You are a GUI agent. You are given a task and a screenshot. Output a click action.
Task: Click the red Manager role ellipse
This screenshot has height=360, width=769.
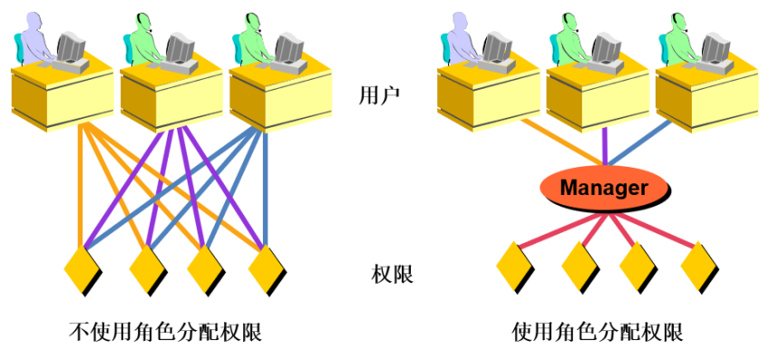click(x=604, y=188)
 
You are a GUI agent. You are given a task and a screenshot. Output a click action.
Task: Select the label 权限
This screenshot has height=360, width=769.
click(x=392, y=273)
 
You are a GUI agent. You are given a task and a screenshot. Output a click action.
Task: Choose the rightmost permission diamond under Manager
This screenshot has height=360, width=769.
click(x=701, y=266)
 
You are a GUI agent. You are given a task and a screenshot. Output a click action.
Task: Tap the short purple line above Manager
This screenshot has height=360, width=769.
click(x=604, y=144)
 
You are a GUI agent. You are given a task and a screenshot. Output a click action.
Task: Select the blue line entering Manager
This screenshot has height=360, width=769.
click(x=645, y=146)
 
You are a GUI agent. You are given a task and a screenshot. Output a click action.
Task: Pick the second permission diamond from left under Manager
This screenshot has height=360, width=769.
click(x=579, y=266)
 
